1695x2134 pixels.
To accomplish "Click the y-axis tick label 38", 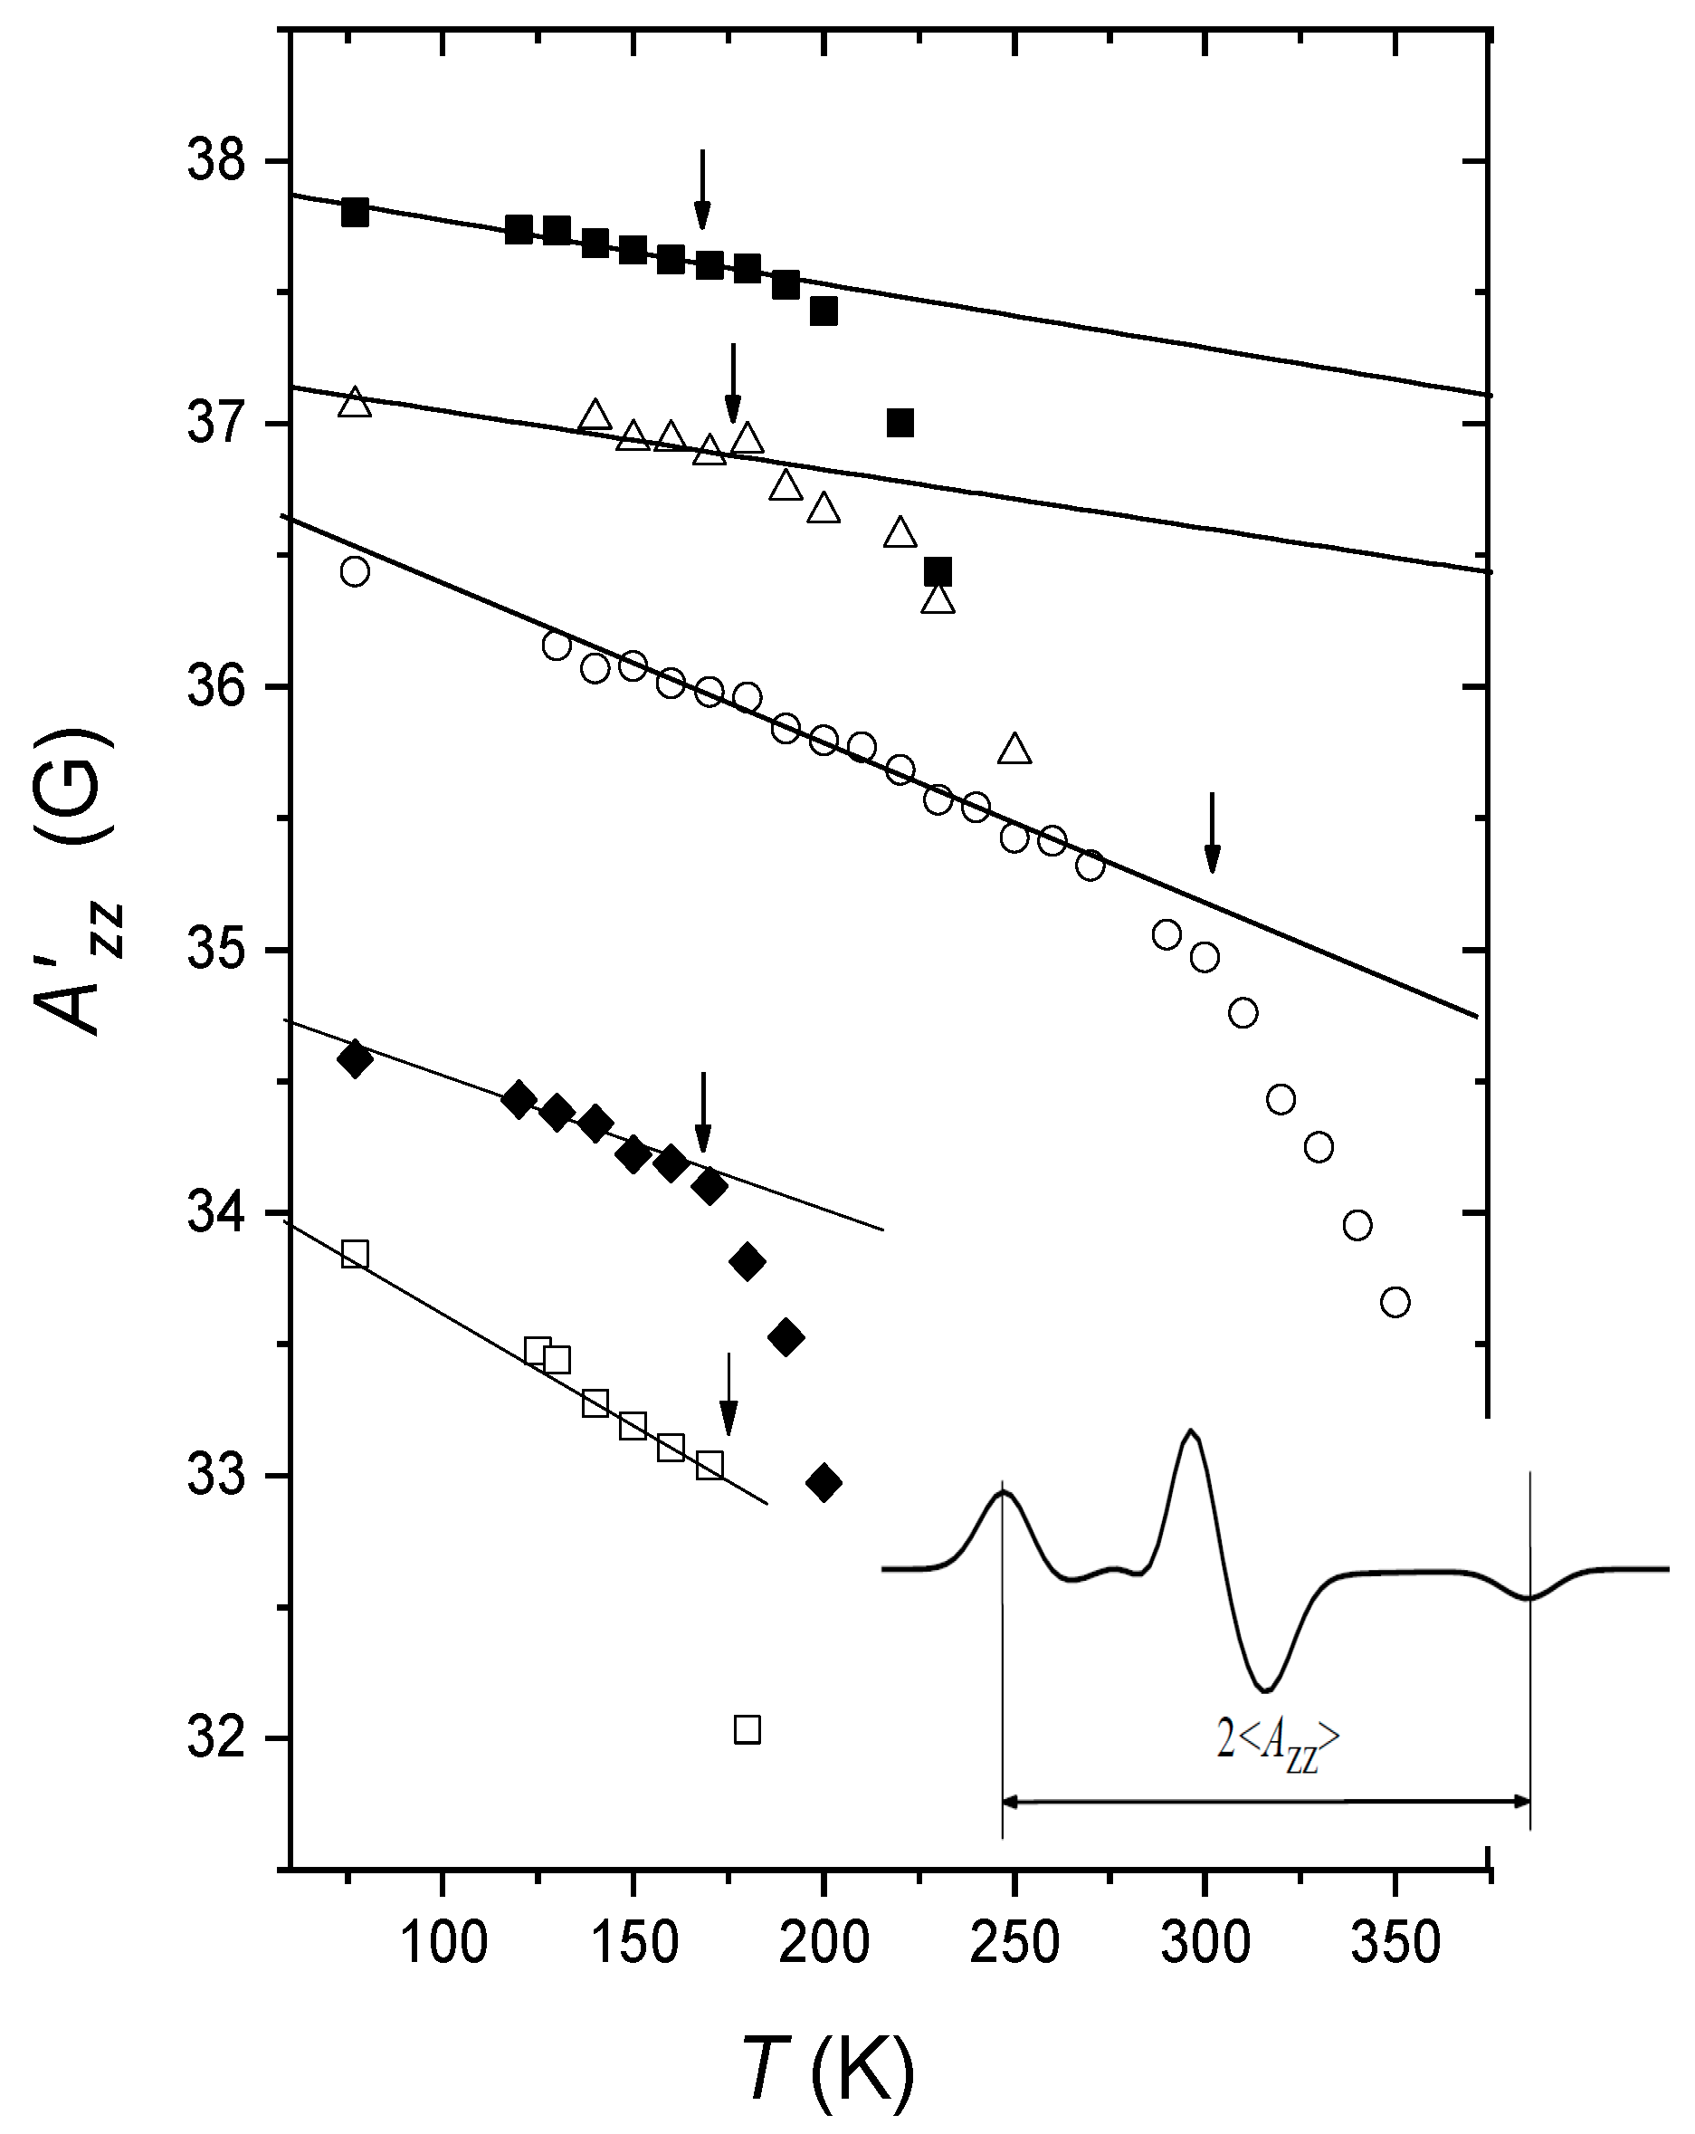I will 215,161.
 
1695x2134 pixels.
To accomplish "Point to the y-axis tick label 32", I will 215,1737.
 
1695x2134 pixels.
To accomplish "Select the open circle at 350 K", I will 1395,1303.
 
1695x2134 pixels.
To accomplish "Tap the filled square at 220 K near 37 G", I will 900,424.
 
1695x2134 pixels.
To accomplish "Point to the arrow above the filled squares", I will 701,188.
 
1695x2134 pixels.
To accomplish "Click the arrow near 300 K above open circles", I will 1212,832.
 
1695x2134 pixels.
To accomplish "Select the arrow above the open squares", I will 728,1393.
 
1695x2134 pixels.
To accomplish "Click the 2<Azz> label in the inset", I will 1276,1739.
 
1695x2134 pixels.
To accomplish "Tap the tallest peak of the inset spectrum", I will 1190,1432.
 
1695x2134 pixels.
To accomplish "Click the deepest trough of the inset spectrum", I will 1267,1689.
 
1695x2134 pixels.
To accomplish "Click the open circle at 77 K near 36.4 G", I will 354,572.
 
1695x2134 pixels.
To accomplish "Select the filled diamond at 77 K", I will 354,1060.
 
